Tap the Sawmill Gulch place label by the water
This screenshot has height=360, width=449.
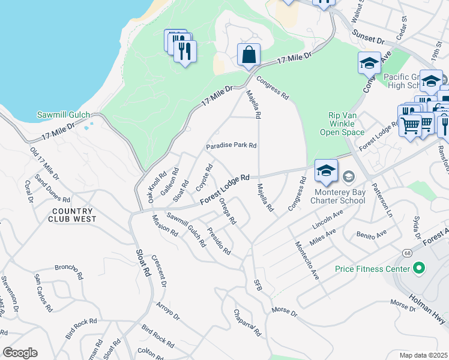pyautogui.click(x=63, y=115)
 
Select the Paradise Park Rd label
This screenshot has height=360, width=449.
pyautogui.click(x=231, y=146)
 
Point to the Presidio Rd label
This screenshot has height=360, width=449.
pyautogui.click(x=218, y=241)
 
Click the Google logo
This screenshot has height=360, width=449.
pyautogui.click(x=20, y=353)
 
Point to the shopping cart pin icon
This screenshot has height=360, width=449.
pyautogui.click(x=410, y=126)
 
